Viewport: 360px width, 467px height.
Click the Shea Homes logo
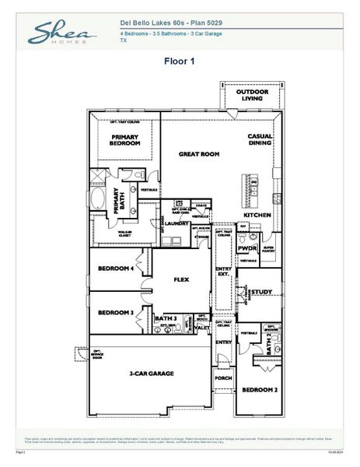62,33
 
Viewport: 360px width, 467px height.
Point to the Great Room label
199,154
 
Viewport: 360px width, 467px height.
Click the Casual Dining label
260,140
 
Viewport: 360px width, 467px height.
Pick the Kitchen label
257,214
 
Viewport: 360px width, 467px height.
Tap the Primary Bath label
118,201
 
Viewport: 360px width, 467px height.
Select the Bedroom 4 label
116,269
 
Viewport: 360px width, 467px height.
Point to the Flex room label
181,278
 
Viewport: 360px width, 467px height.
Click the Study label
260,292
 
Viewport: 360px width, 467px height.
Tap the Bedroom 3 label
116,313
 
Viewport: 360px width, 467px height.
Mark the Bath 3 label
165,318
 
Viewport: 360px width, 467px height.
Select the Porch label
223,378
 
